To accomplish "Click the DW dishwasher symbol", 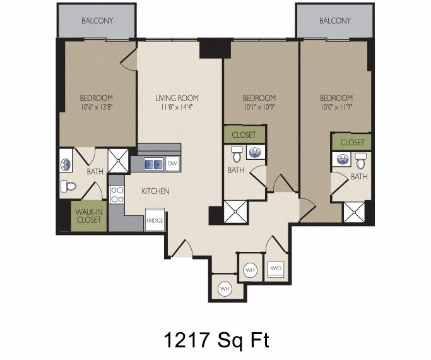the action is pos(173,164).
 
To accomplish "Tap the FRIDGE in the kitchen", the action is pos(155,220).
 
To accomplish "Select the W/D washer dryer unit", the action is pos(276,268).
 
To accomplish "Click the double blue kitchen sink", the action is pos(153,164).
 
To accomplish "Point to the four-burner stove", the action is pos(117,195).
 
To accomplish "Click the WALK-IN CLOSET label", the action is pos(88,216).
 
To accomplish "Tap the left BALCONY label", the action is pos(97,21).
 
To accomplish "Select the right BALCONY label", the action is pos(335,21).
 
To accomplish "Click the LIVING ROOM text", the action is pos(177,98).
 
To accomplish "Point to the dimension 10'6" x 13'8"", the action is pos(97,107).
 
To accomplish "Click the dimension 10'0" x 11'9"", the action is pos(336,107).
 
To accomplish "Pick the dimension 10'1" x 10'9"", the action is pos(259,107).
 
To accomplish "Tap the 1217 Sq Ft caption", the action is pos(216,340).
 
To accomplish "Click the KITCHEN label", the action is pos(155,191).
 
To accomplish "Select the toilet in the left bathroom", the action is pos(68,186).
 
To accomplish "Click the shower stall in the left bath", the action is pos(118,161).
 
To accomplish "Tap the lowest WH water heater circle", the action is pos(225,289).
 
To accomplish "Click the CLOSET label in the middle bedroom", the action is pos(244,135).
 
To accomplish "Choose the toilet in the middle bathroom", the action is pos(237,154).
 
